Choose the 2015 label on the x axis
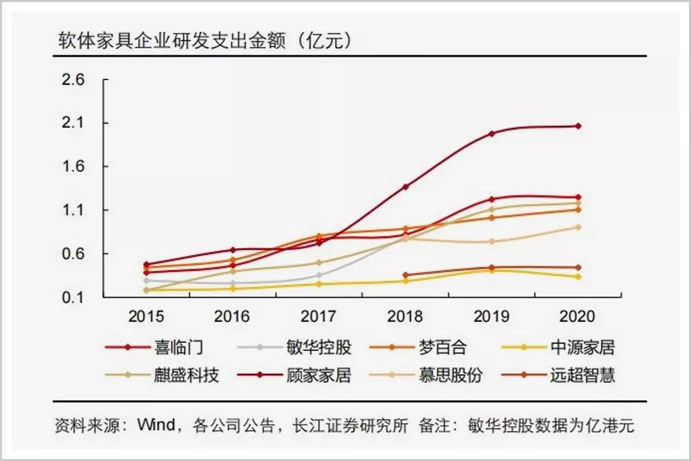point(146,317)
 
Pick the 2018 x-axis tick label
point(406,317)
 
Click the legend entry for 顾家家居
point(318,375)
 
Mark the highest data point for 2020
point(578,126)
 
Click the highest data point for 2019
point(491,133)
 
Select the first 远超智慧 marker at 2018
point(405,275)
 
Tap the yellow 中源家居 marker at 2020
point(578,276)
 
